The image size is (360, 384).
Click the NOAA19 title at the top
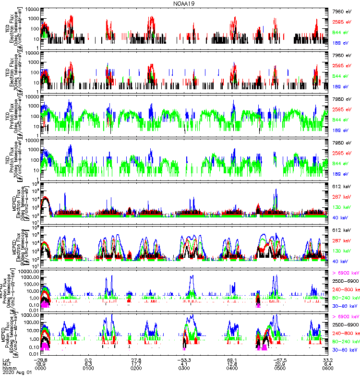point(185,4)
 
